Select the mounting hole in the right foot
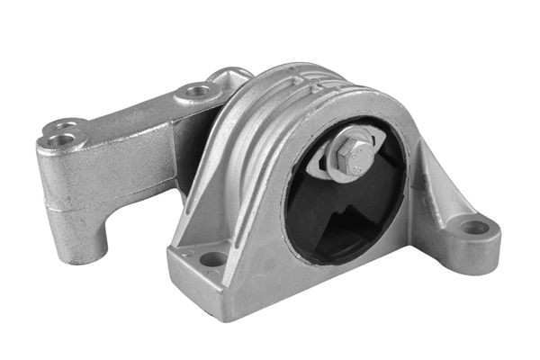point(473,227)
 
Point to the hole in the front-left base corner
point(213,259)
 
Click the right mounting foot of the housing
point(468,238)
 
